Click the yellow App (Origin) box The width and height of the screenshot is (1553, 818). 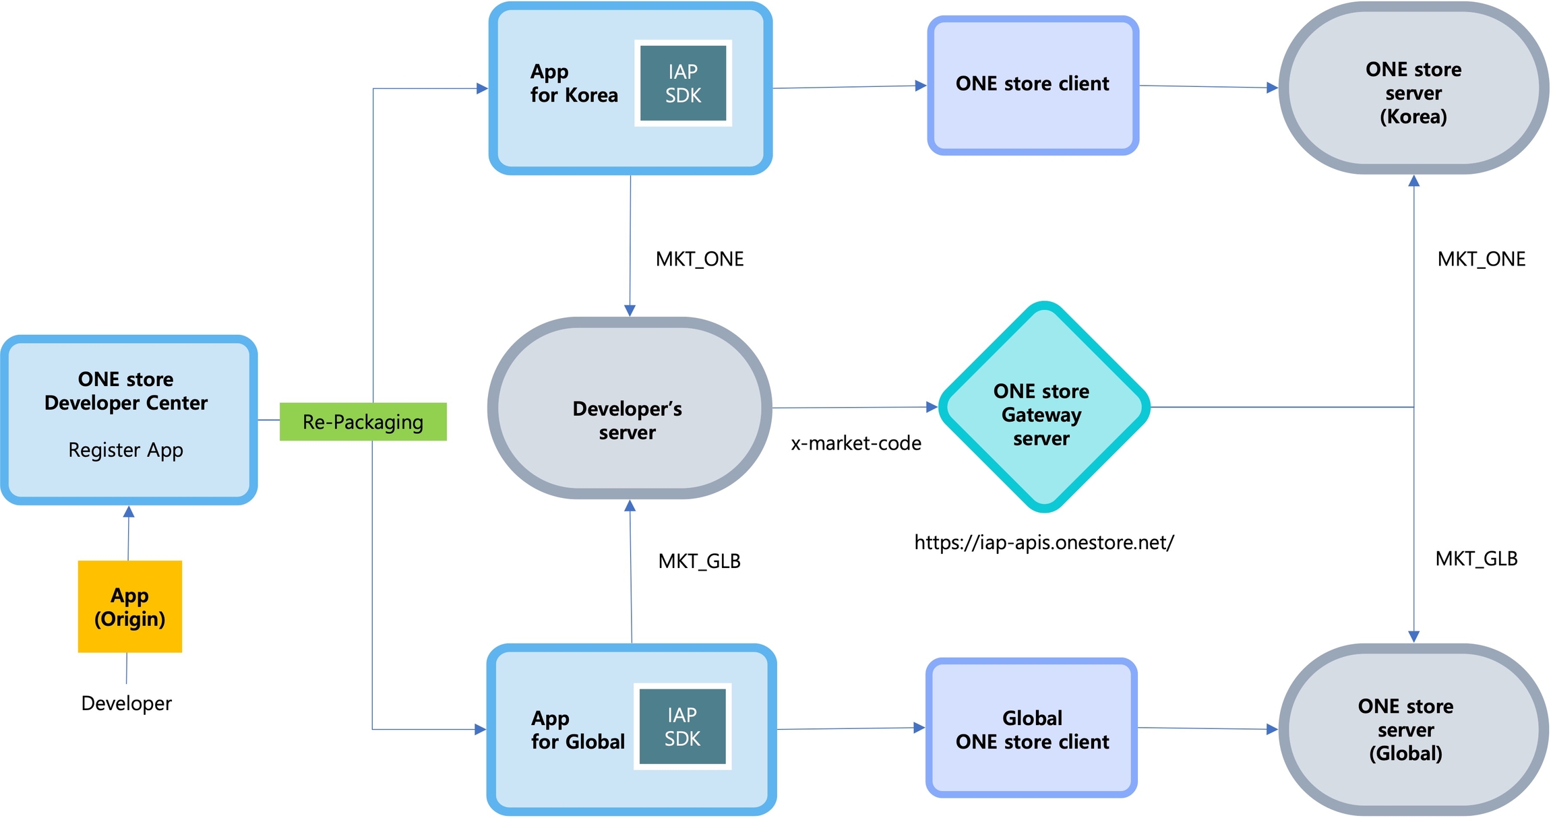130,606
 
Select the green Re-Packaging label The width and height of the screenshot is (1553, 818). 363,422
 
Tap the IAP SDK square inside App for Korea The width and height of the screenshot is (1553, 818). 683,83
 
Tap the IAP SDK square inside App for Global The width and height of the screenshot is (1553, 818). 682,726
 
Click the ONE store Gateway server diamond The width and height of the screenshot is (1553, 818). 1043,407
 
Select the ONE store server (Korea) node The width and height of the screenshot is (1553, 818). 1413,88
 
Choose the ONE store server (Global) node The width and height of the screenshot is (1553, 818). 1413,730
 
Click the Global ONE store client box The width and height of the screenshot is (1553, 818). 1031,728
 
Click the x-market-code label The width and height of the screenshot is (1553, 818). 856,443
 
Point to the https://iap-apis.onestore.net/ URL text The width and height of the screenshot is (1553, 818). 1044,542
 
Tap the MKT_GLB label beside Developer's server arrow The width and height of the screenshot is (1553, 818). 699,561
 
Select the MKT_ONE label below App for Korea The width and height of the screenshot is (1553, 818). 700,259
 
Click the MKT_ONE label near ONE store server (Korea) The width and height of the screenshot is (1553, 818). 1481,259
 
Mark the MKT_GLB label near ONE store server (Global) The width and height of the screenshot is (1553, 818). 1476,559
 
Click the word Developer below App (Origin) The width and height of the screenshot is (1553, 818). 127,703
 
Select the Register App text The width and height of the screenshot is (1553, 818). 126,450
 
